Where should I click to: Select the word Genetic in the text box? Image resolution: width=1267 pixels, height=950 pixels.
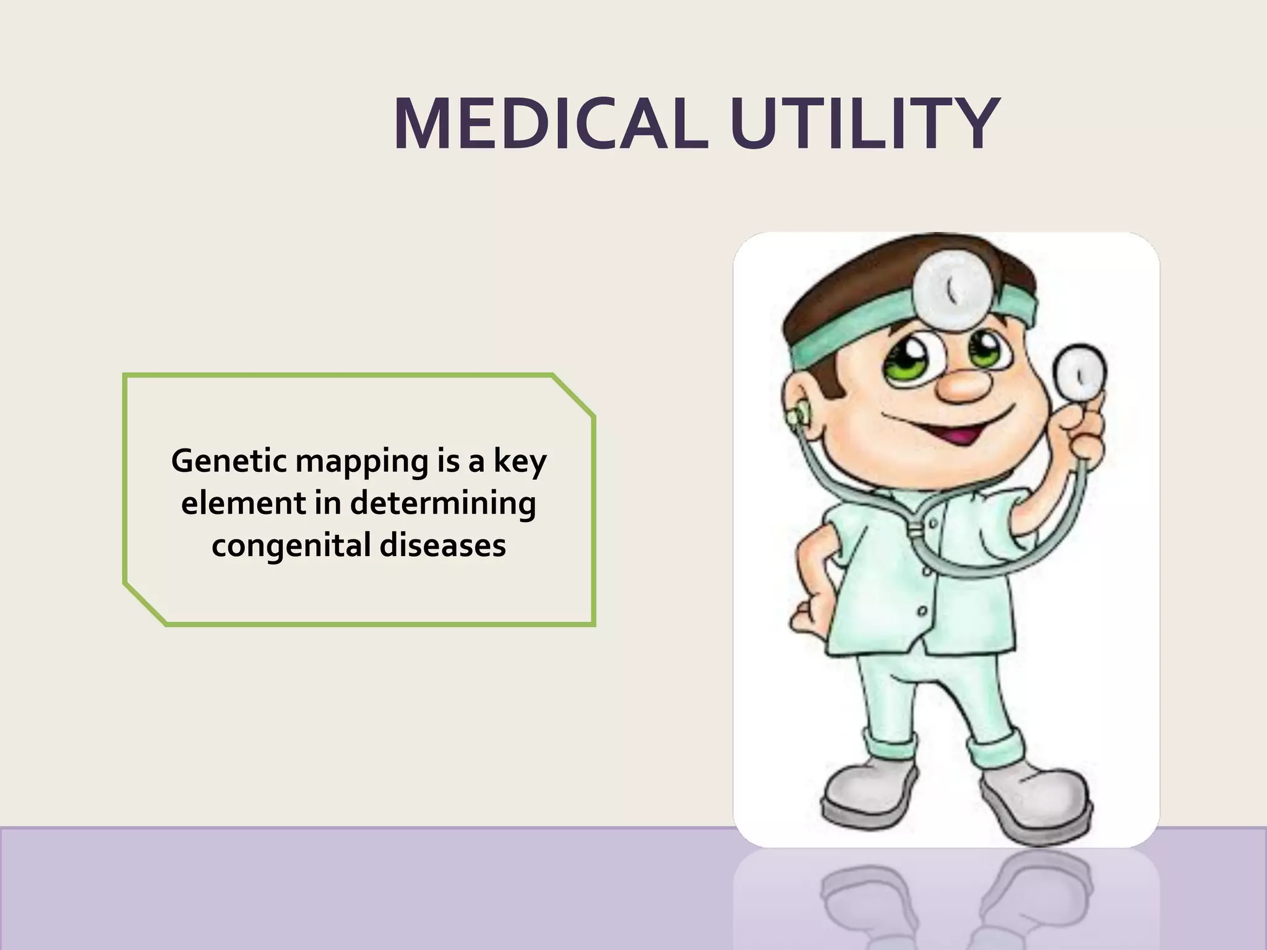coord(229,461)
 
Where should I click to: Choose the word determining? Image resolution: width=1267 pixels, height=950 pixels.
coord(443,504)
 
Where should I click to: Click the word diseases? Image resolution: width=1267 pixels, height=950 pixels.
coord(442,546)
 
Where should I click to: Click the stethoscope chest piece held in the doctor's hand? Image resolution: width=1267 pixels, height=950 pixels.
coord(1079,374)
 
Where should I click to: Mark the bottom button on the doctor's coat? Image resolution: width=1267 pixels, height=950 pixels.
coord(922,611)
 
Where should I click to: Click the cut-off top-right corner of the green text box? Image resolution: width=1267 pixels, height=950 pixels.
coord(574,394)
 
